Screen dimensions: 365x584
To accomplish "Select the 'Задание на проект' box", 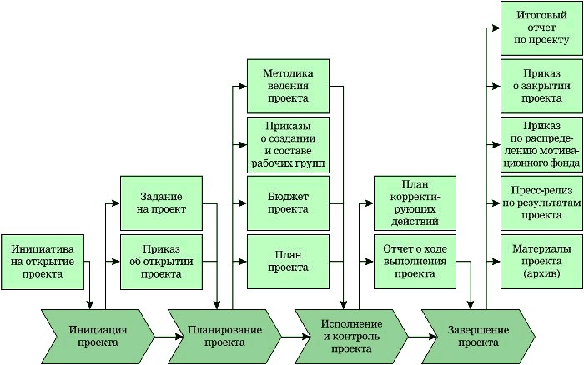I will coord(162,202).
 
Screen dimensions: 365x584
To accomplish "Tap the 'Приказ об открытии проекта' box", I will coord(162,261).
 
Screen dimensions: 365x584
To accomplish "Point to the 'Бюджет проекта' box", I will coord(289,202).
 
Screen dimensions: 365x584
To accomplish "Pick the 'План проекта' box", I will coord(289,261).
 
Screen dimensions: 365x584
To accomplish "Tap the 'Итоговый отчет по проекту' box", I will coord(541,27).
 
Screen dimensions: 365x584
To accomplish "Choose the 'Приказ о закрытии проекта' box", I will coord(541,86).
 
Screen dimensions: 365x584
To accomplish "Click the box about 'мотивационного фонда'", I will coord(541,144).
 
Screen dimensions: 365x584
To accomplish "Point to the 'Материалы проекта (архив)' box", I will coord(541,261).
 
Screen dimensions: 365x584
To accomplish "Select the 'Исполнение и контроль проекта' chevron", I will coord(351,335).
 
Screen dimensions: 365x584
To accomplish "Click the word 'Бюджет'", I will coord(289,196).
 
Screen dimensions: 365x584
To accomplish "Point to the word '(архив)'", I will coord(541,273).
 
